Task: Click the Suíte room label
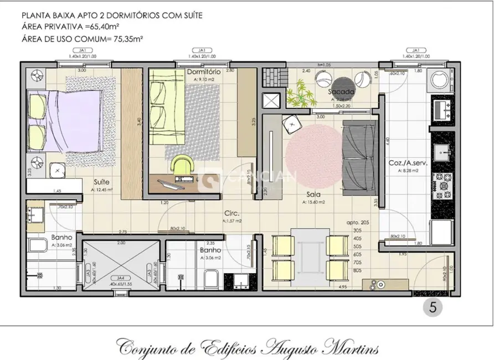coord(101,182)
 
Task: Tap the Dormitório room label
coord(204,72)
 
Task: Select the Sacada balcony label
coord(337,91)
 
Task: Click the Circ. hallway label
coord(231,213)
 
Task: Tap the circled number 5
coord(433,307)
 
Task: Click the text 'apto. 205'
coord(358,222)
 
